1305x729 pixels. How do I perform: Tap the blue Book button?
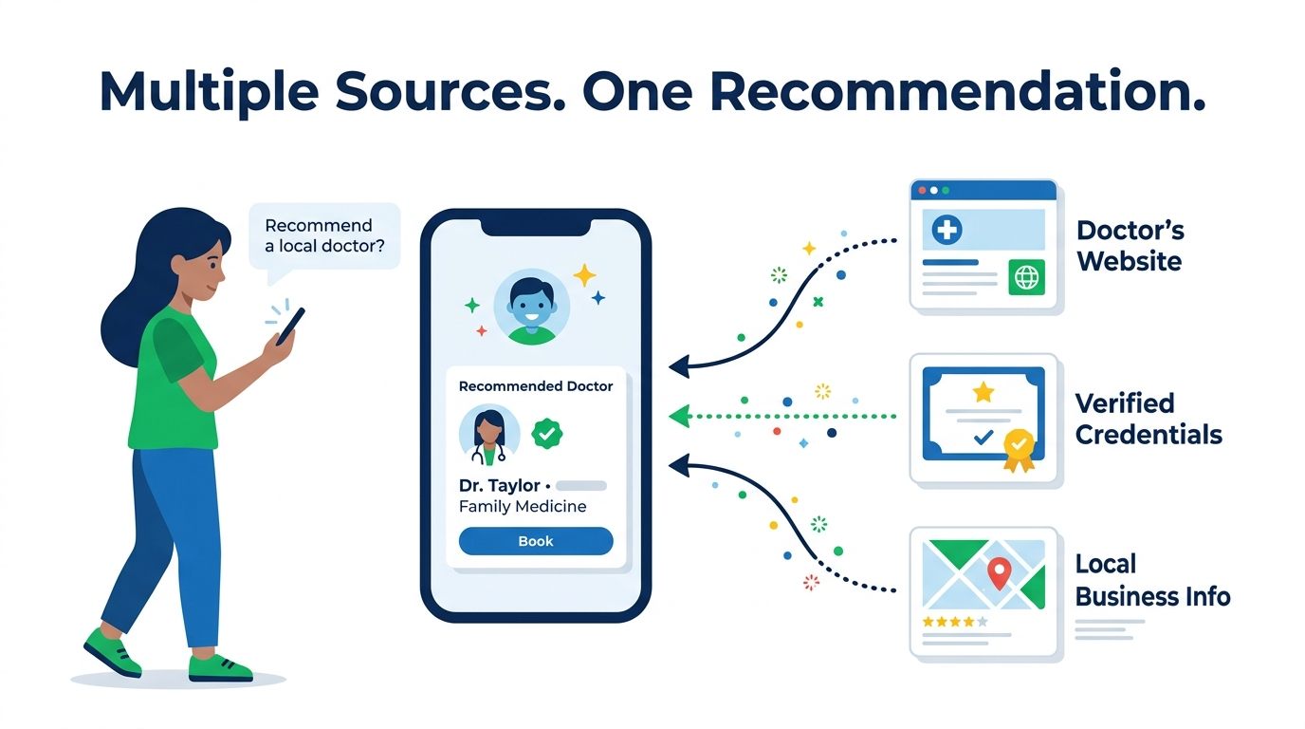(536, 541)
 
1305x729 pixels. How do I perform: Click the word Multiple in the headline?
(210, 92)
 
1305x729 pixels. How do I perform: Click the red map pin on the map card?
(1000, 572)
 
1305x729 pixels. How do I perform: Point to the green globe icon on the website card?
(1026, 277)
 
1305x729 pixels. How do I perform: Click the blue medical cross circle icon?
(947, 229)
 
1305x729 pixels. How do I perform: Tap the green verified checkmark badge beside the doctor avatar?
(546, 434)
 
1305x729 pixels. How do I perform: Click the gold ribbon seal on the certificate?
(1019, 450)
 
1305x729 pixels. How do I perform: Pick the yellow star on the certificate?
(983, 392)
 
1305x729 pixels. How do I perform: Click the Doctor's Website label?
(1130, 246)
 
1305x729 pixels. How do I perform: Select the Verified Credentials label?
(1149, 420)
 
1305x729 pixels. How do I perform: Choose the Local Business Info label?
(1152, 580)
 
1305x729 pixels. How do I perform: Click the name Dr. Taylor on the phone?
(499, 486)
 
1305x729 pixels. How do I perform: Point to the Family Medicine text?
(523, 507)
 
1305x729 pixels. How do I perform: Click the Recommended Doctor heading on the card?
(536, 386)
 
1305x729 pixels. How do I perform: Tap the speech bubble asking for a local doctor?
(324, 236)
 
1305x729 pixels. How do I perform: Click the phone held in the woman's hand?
(290, 327)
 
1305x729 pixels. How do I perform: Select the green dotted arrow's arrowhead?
(680, 417)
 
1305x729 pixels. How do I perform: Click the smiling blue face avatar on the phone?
(531, 308)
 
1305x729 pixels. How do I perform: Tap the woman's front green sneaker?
(220, 668)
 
